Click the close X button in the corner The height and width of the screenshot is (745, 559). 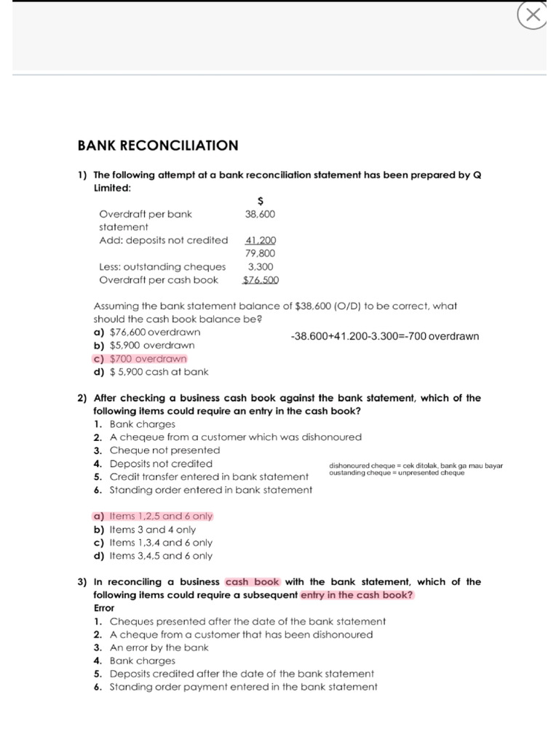(533, 15)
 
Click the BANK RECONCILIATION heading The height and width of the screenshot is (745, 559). (158, 146)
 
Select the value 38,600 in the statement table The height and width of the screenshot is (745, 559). (261, 214)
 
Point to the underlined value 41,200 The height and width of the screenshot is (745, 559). (261, 240)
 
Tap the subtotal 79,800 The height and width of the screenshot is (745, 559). (261, 253)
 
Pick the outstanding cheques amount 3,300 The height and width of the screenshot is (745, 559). (261, 266)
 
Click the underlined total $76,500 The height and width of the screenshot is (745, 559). (261, 280)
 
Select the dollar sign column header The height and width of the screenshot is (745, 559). (261, 200)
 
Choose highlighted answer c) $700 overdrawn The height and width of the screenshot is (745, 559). (140, 359)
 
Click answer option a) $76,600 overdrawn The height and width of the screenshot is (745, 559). (147, 332)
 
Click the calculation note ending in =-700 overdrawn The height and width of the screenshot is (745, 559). (384, 337)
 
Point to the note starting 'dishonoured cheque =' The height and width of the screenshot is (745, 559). (416, 466)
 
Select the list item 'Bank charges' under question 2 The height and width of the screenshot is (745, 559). (142, 423)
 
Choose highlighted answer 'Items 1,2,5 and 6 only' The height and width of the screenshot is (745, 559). (154, 516)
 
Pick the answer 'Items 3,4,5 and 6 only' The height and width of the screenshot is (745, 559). (154, 555)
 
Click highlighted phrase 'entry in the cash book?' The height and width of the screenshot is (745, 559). (357, 595)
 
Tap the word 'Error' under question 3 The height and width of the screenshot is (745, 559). (104, 607)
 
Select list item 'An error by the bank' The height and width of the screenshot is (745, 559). (159, 648)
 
